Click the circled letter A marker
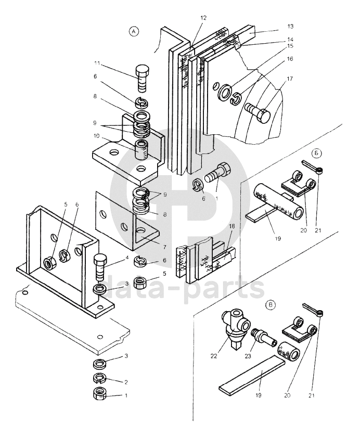click(134, 32)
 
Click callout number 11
click(97, 63)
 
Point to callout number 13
click(290, 27)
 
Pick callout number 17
click(290, 79)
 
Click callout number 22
click(214, 356)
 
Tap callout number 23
click(248, 356)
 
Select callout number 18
click(232, 226)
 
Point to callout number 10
click(97, 136)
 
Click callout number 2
click(126, 382)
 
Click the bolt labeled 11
click(142, 78)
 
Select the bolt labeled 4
click(99, 267)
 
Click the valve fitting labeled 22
click(235, 329)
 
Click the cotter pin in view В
click(313, 309)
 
